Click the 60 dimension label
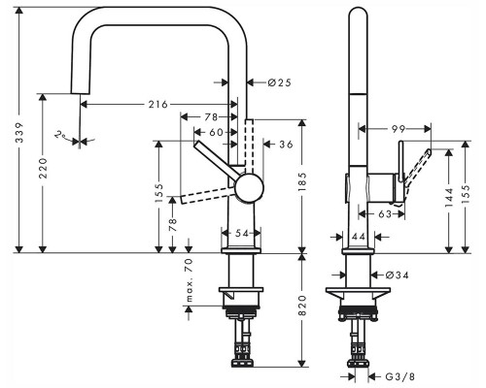216,133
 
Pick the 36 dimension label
285,145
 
